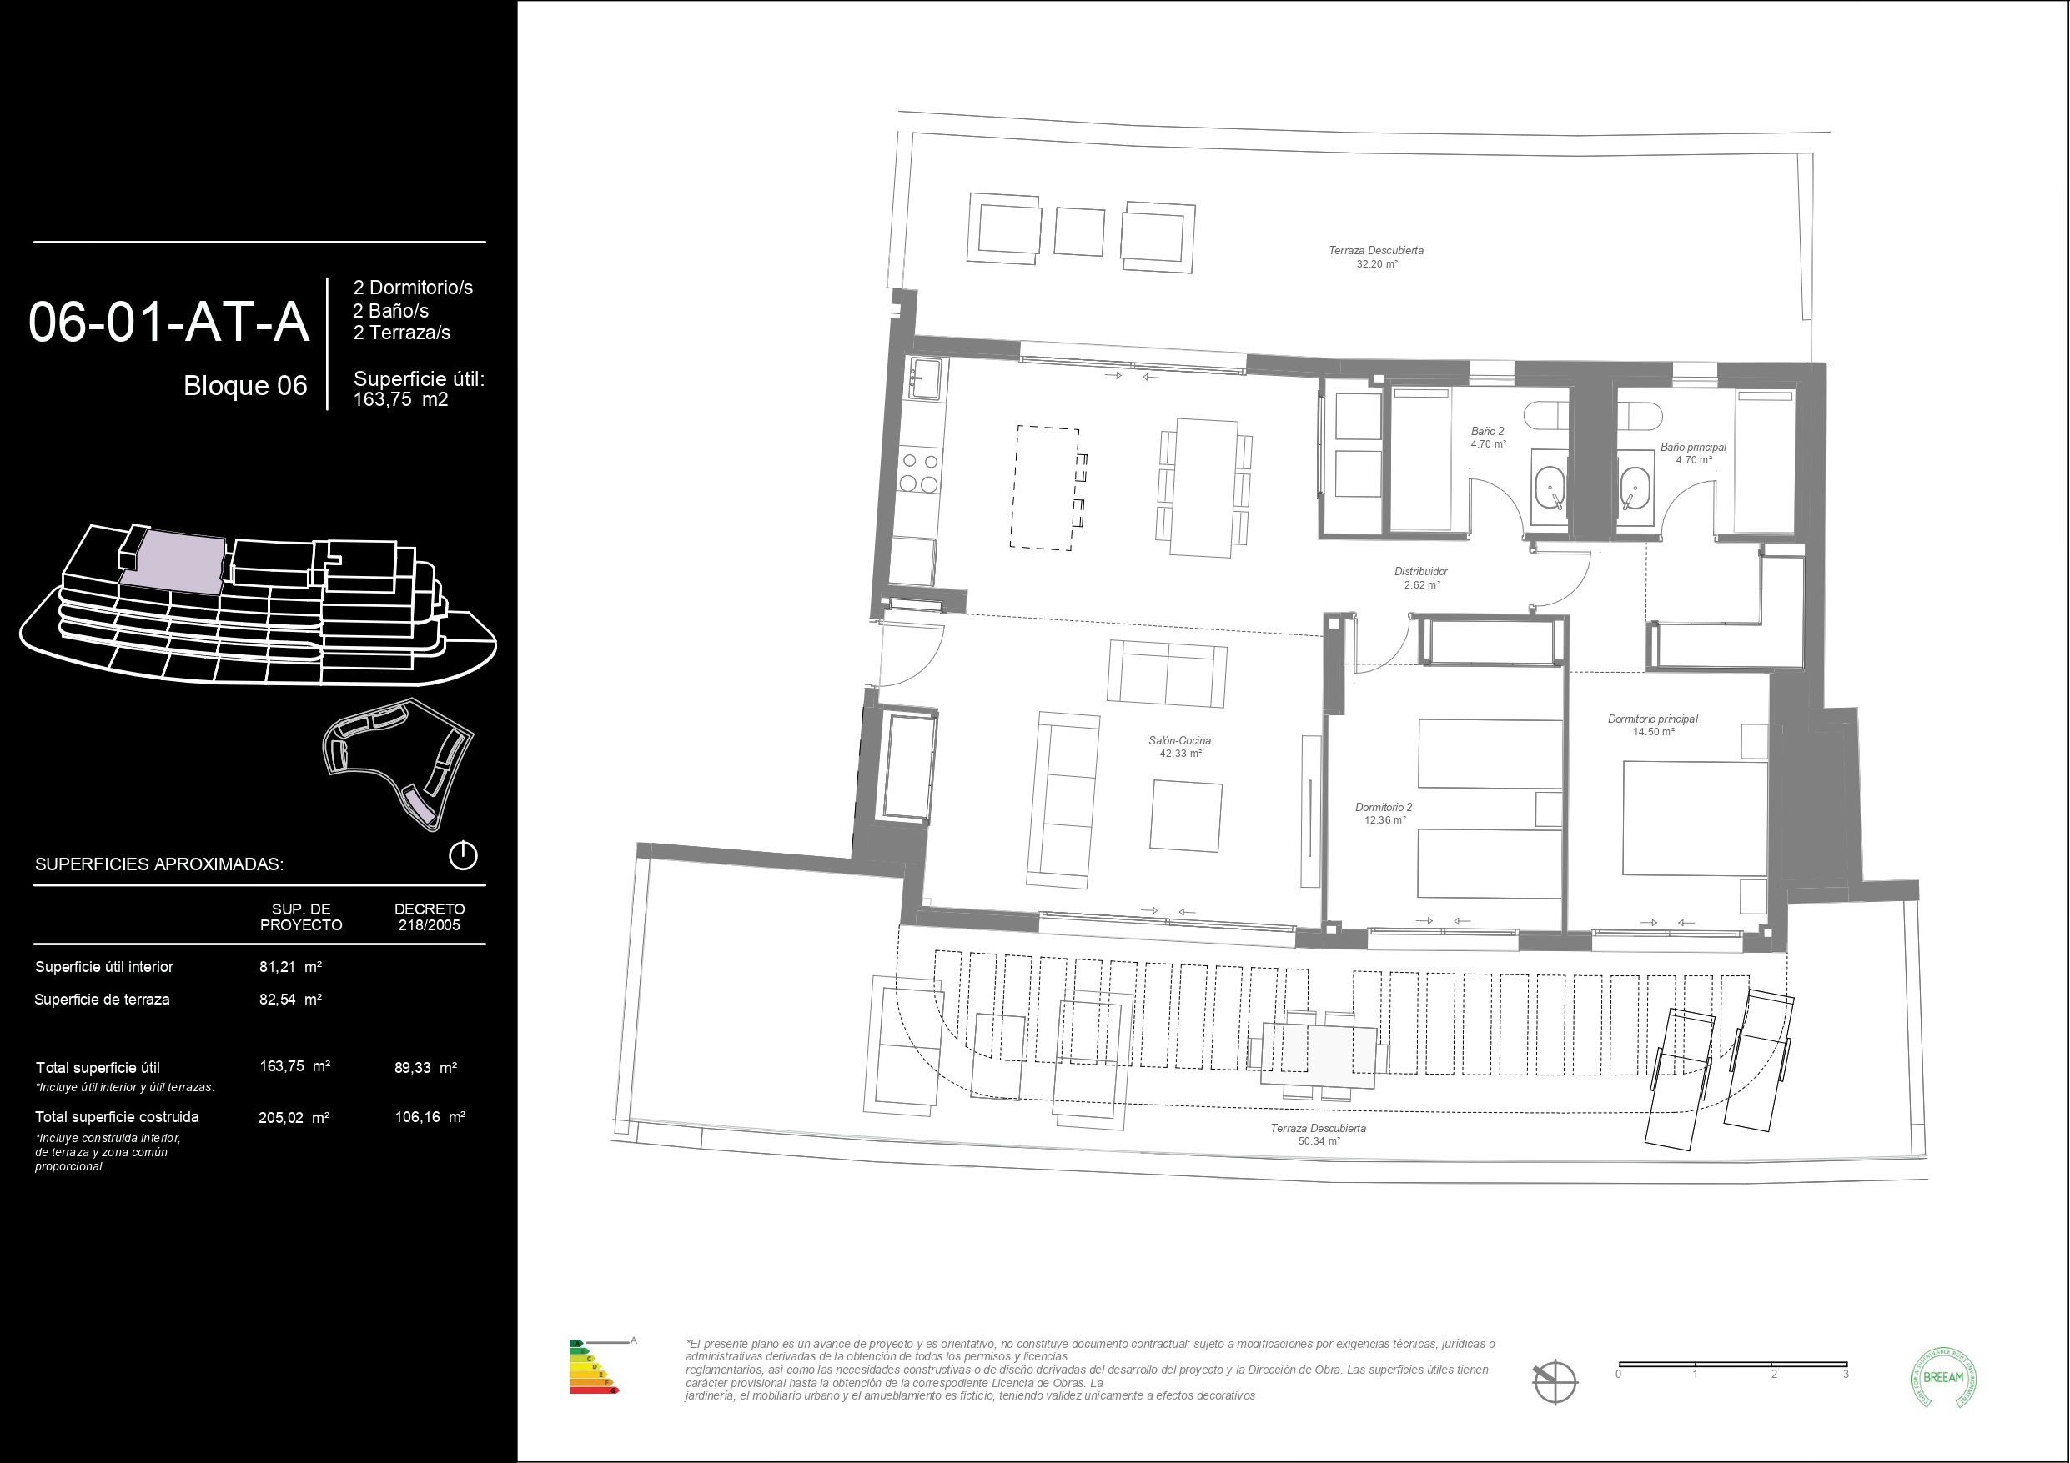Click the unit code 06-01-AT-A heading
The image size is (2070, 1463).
click(x=168, y=323)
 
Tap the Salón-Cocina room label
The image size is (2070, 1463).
click(x=1179, y=746)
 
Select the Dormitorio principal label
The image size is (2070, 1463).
click(x=1652, y=724)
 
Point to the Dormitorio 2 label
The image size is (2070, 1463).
click(x=1384, y=813)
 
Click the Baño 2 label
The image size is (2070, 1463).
click(x=1488, y=437)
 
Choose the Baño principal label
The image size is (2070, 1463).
click(x=1693, y=453)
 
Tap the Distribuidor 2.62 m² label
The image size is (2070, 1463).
click(x=1421, y=578)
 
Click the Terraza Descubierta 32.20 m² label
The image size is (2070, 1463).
click(x=1376, y=257)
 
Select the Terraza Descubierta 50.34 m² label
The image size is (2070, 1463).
click(x=1317, y=1134)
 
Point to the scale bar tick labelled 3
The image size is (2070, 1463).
click(x=1846, y=1374)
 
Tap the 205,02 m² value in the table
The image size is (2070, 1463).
click(x=293, y=1117)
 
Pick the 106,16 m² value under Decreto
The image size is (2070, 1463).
click(x=430, y=1117)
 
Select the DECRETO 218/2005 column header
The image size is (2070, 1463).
click(x=430, y=917)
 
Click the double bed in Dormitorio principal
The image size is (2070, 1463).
click(x=1693, y=818)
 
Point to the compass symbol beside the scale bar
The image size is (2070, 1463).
click(x=1555, y=1381)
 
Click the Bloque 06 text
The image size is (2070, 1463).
click(x=245, y=386)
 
